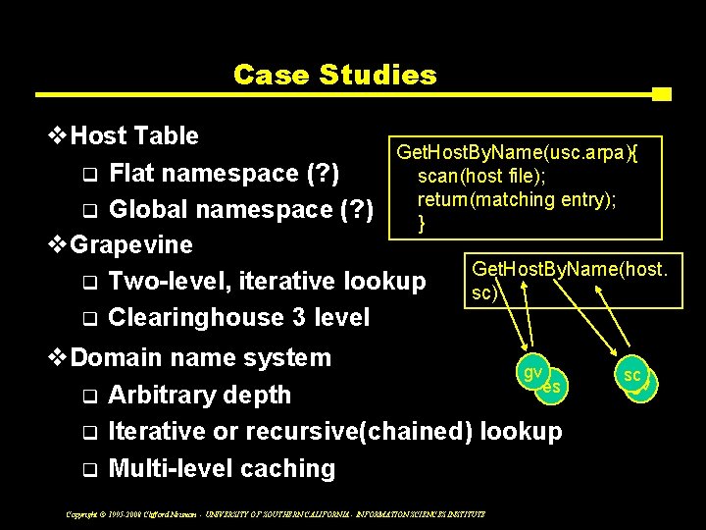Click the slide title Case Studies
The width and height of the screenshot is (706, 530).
tap(334, 75)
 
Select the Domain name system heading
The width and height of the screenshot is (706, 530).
tap(201, 357)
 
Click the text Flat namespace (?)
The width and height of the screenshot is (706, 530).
tap(225, 174)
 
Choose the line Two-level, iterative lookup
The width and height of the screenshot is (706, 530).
tap(268, 281)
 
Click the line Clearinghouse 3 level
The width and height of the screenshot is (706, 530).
tap(239, 317)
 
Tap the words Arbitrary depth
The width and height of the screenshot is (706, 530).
tap(200, 395)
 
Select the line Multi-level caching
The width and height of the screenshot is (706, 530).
tap(223, 468)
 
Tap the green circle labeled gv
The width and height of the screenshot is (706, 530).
tap(535, 373)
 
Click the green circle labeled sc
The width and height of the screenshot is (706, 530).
tap(632, 376)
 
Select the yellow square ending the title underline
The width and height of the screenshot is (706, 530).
tap(661, 94)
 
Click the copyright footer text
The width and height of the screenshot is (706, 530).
tap(275, 513)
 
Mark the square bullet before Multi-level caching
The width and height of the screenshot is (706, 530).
tap(89, 470)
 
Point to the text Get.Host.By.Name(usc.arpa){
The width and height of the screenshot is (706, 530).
tap(517, 151)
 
